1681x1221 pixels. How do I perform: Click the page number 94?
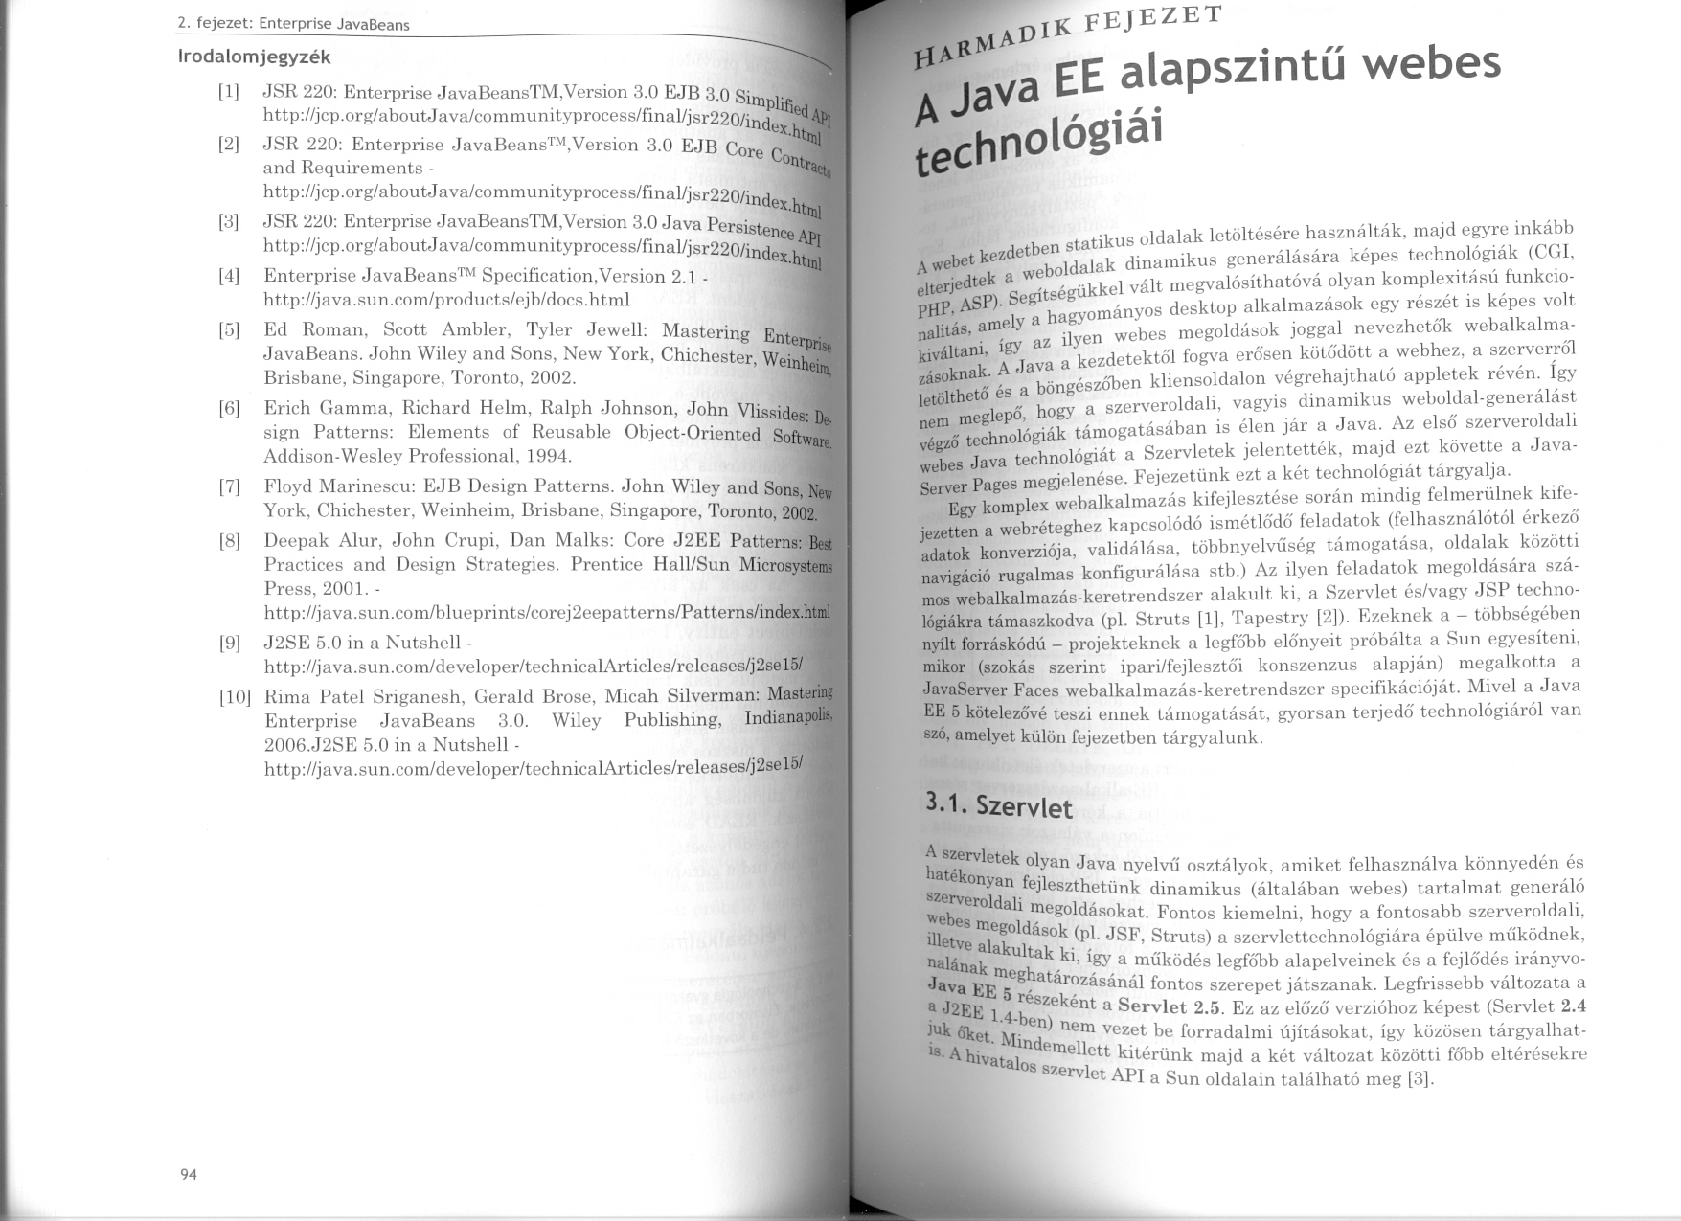[188, 1175]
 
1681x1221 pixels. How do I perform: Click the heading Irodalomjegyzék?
[255, 57]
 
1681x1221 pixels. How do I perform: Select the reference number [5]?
[229, 330]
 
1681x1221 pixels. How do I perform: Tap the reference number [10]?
[235, 697]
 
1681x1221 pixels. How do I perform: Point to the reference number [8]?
[229, 541]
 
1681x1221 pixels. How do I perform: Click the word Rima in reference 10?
[288, 697]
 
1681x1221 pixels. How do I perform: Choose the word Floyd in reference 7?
[290, 486]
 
